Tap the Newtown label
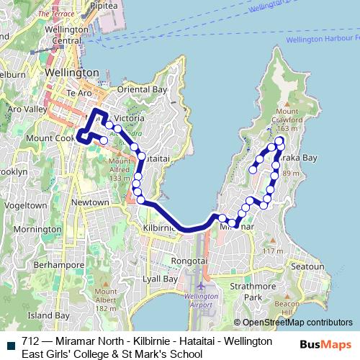click(x=91, y=202)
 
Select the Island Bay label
click(x=48, y=315)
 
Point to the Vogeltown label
click(x=25, y=204)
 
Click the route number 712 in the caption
click(x=30, y=341)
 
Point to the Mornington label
click(x=37, y=229)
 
